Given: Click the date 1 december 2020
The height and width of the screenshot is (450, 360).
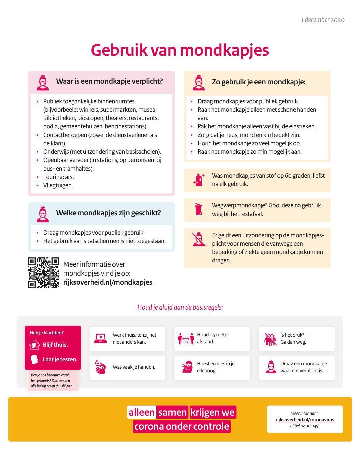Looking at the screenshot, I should pos(323,20).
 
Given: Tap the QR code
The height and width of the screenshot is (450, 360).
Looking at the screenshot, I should pos(43,273).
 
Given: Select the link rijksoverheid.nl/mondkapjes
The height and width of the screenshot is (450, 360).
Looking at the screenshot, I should pos(108,282).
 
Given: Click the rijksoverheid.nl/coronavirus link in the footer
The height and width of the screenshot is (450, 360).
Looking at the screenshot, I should pos(305,420).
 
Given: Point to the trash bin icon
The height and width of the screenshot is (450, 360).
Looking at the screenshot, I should pos(198,209).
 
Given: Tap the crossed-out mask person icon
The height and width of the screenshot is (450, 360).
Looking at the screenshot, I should pos(199,239).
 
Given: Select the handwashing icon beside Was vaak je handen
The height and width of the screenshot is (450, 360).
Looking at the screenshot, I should pos(100,367).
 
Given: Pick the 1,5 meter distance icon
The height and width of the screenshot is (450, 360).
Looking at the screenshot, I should pos(186,339).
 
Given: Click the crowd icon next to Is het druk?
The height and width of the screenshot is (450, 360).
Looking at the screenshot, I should pos(270,339).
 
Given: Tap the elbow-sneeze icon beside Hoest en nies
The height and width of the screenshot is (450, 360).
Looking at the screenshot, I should pos(187,367).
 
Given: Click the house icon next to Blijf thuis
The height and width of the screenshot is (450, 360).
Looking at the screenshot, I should pos(34,345).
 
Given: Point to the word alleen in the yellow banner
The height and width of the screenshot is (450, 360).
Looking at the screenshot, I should pos(142,412).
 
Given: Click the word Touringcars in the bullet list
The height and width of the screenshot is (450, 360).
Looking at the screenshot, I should pos(58,177).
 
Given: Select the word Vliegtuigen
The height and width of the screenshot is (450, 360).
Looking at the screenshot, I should pos(58,185).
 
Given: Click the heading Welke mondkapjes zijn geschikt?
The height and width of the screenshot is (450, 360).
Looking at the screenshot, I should pos(108,213).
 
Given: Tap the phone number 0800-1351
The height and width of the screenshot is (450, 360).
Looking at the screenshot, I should pos(310,426).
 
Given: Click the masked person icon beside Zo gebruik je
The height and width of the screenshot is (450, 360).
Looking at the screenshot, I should pos(199,83).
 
